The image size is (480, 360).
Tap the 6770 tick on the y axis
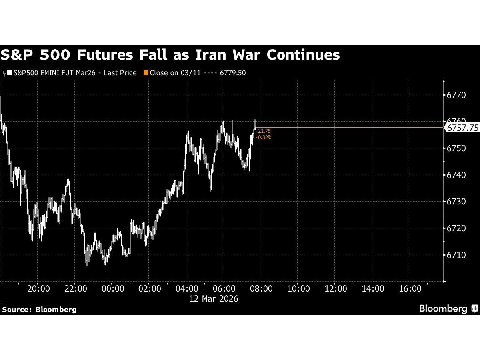pos(457,95)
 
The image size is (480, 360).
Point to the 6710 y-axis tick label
pos(457,255)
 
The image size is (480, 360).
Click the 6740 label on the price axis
pos(457,175)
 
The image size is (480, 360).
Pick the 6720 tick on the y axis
pos(457,228)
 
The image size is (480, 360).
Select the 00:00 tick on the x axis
pos(112,289)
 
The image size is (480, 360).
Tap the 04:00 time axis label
pos(187,289)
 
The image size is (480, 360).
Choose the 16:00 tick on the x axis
pos(410,289)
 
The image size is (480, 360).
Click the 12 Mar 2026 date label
pos(214,299)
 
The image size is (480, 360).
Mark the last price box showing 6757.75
pos(462,128)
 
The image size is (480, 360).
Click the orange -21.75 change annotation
pos(264,131)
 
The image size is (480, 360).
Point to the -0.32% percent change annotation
pos(264,137)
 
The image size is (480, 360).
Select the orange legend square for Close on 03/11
pos(146,73)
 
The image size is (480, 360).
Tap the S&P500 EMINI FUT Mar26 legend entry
pos(72,73)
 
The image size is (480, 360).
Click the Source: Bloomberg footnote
pos(39,309)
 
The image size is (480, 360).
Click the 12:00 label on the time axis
pos(336,289)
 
